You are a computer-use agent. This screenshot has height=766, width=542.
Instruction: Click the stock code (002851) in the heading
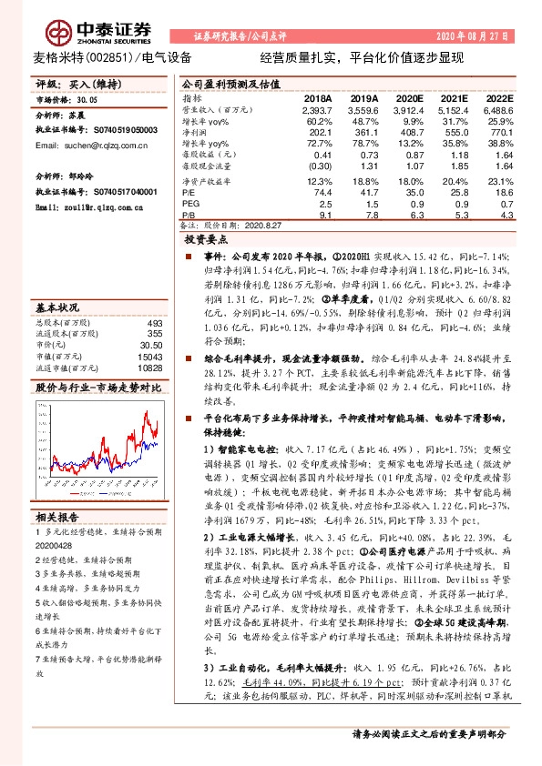pyautogui.click(x=106, y=58)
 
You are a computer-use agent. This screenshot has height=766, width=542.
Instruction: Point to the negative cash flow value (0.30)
pyautogui.click(x=320, y=166)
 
